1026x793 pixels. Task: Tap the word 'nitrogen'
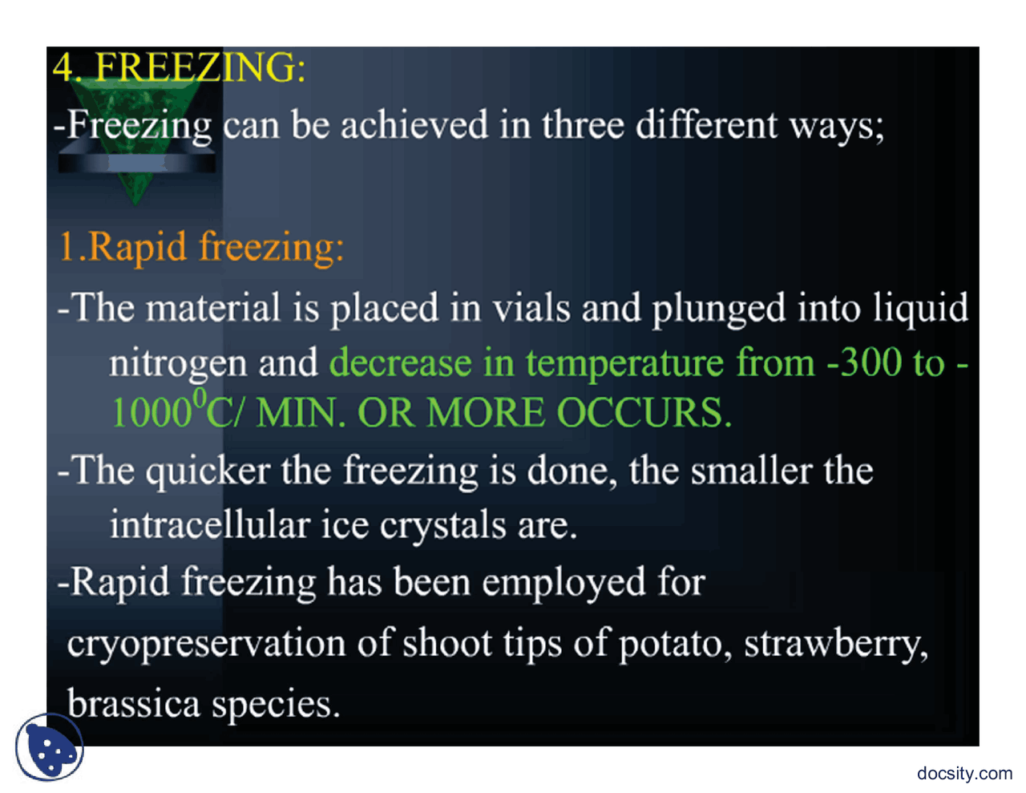[177, 364]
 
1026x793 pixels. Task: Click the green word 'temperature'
[626, 363]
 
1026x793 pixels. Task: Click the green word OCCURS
[644, 414]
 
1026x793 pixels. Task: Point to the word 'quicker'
[207, 471]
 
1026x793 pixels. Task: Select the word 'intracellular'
[209, 525]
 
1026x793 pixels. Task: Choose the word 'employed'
[563, 583]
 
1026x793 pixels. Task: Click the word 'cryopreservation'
[206, 644]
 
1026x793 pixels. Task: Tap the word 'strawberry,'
[835, 644]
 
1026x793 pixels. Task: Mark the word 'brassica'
[133, 703]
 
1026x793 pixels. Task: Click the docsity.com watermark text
[964, 773]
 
